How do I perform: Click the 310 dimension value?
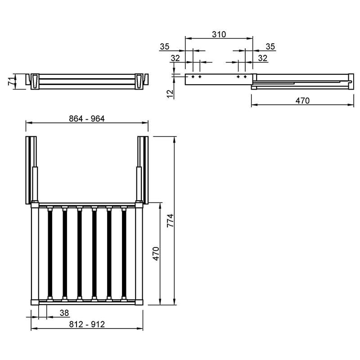219,35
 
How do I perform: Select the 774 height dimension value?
171,220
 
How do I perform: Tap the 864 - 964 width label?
87,119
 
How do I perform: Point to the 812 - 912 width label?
87,324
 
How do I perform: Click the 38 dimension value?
64,313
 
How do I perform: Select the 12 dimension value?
170,94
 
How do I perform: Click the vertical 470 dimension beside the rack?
156,254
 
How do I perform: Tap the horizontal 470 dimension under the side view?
302,100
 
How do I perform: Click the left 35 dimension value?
164,47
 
